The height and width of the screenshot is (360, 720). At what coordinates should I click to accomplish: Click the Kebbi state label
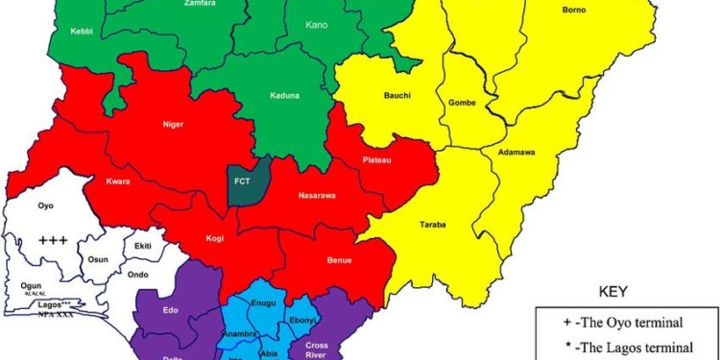(82, 31)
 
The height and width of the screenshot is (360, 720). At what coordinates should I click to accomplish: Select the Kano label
(316, 24)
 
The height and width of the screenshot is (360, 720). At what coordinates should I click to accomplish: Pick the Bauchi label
(397, 96)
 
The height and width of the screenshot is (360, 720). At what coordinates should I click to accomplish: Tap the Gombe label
(462, 102)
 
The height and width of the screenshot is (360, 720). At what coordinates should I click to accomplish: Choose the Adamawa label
(522, 152)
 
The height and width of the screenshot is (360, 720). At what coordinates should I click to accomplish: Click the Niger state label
(173, 123)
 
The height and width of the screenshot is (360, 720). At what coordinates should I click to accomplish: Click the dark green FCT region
(242, 182)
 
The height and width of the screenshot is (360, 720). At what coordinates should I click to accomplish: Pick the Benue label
(339, 260)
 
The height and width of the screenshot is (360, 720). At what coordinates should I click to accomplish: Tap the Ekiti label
(142, 246)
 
